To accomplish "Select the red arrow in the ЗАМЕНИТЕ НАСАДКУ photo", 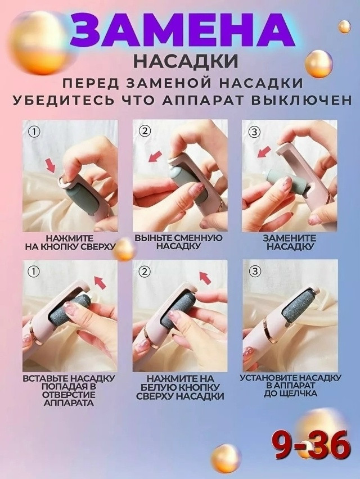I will [262, 152].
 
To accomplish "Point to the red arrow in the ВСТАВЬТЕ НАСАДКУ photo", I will [100, 282].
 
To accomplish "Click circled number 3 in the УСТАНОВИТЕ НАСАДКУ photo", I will [255, 272].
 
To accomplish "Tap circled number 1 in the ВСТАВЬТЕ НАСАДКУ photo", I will [35, 272].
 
